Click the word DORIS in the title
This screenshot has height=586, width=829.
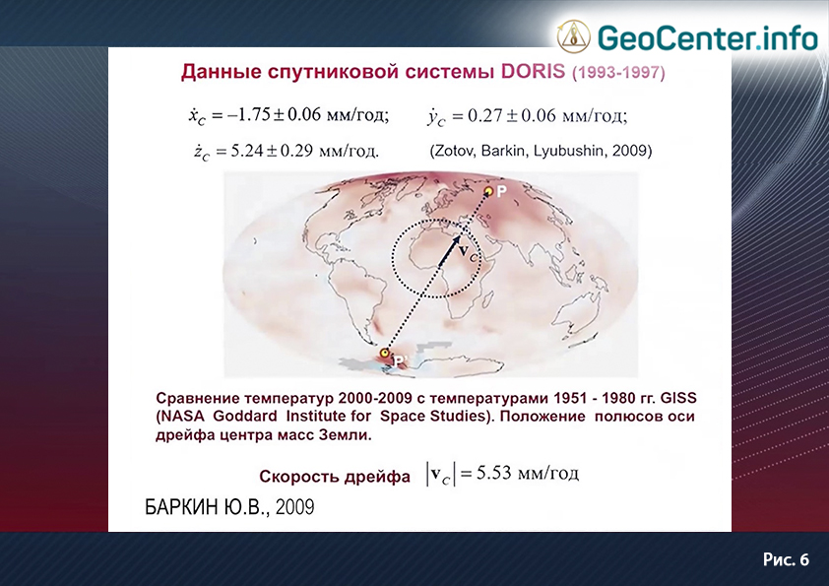coord(533,71)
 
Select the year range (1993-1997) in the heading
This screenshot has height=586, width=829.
coord(618,73)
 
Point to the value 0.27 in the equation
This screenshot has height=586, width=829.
coord(484,115)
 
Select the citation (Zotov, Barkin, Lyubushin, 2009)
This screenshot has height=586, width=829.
coord(541,152)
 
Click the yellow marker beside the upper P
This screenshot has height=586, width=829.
coord(489,191)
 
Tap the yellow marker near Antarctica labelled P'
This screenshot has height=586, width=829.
coord(385,353)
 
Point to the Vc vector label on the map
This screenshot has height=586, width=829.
coord(468,252)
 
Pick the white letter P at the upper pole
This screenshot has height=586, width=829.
coord(501,191)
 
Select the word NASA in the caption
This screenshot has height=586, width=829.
coord(183,417)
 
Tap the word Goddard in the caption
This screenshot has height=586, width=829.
coord(245,417)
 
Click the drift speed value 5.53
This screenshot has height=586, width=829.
coord(494,473)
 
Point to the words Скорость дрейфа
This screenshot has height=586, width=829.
coord(335,477)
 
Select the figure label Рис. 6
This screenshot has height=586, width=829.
coord(787,559)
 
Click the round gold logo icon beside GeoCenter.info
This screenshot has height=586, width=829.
coord(574,36)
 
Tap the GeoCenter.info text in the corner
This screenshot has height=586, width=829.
coord(707,37)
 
